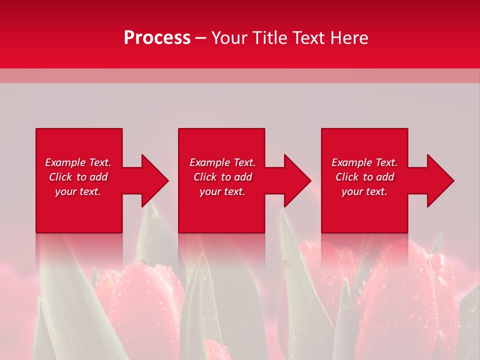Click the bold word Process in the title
click(x=157, y=38)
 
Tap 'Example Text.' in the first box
click(x=78, y=162)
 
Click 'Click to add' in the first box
click(x=78, y=177)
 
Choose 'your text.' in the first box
click(x=78, y=191)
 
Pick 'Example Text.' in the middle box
click(x=222, y=162)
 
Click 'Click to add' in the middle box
click(x=222, y=177)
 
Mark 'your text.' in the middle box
click(x=222, y=191)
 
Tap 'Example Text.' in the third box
click(x=364, y=162)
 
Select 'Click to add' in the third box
click(x=364, y=177)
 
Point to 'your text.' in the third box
click(x=364, y=191)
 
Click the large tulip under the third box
click(x=400, y=295)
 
